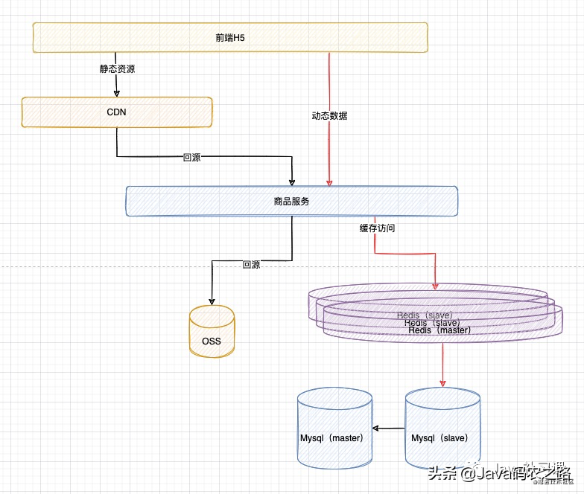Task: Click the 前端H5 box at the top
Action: pyautogui.click(x=230, y=37)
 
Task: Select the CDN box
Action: pyautogui.click(x=117, y=112)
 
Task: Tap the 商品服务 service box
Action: pyautogui.click(x=291, y=201)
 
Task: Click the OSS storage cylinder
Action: pyautogui.click(x=212, y=335)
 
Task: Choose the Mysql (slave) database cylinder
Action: pyautogui.click(x=442, y=432)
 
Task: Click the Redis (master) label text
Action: pyautogui.click(x=439, y=330)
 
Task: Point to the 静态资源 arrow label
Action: pyautogui.click(x=117, y=69)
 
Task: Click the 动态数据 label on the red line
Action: pyautogui.click(x=329, y=116)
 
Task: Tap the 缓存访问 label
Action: pyautogui.click(x=377, y=228)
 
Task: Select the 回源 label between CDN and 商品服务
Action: pyautogui.click(x=191, y=158)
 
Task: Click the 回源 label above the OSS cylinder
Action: pyautogui.click(x=251, y=264)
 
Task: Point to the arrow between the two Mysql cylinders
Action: pyautogui.click(x=388, y=429)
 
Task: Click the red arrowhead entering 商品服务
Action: pyautogui.click(x=329, y=182)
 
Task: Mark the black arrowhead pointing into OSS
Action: pyautogui.click(x=212, y=302)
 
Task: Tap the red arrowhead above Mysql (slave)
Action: pyautogui.click(x=442, y=382)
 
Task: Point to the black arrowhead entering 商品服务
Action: pyautogui.click(x=291, y=182)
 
